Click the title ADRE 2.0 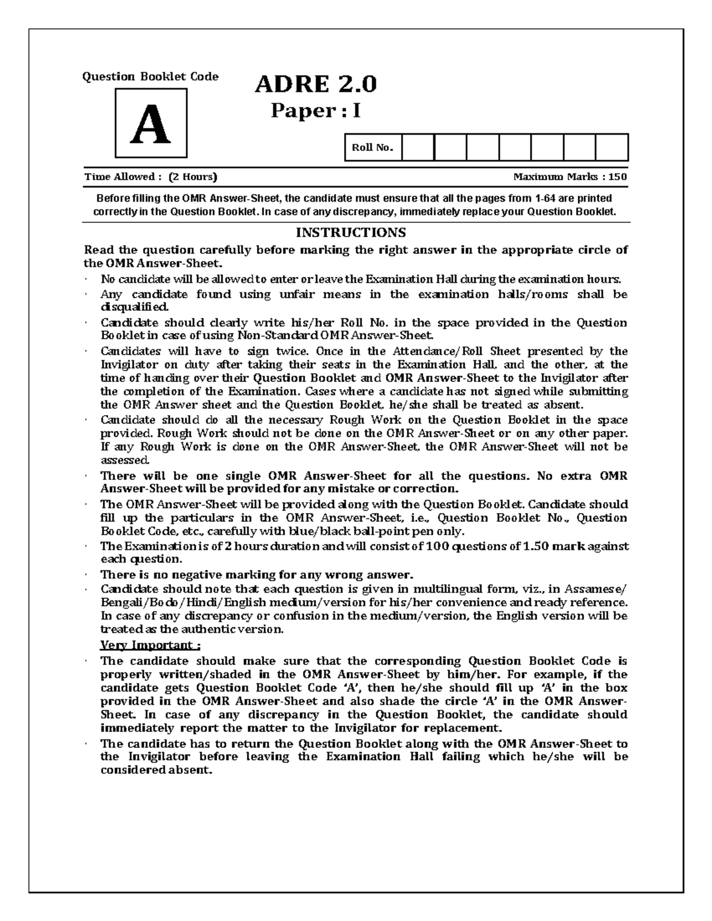pos(315,85)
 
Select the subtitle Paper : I pos(315,111)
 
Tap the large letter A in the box pos(151,125)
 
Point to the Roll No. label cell pos(373,148)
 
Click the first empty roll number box pos(418,148)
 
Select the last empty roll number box pos(611,148)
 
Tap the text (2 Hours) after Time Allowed pos(193,177)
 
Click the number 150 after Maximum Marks pos(618,177)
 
